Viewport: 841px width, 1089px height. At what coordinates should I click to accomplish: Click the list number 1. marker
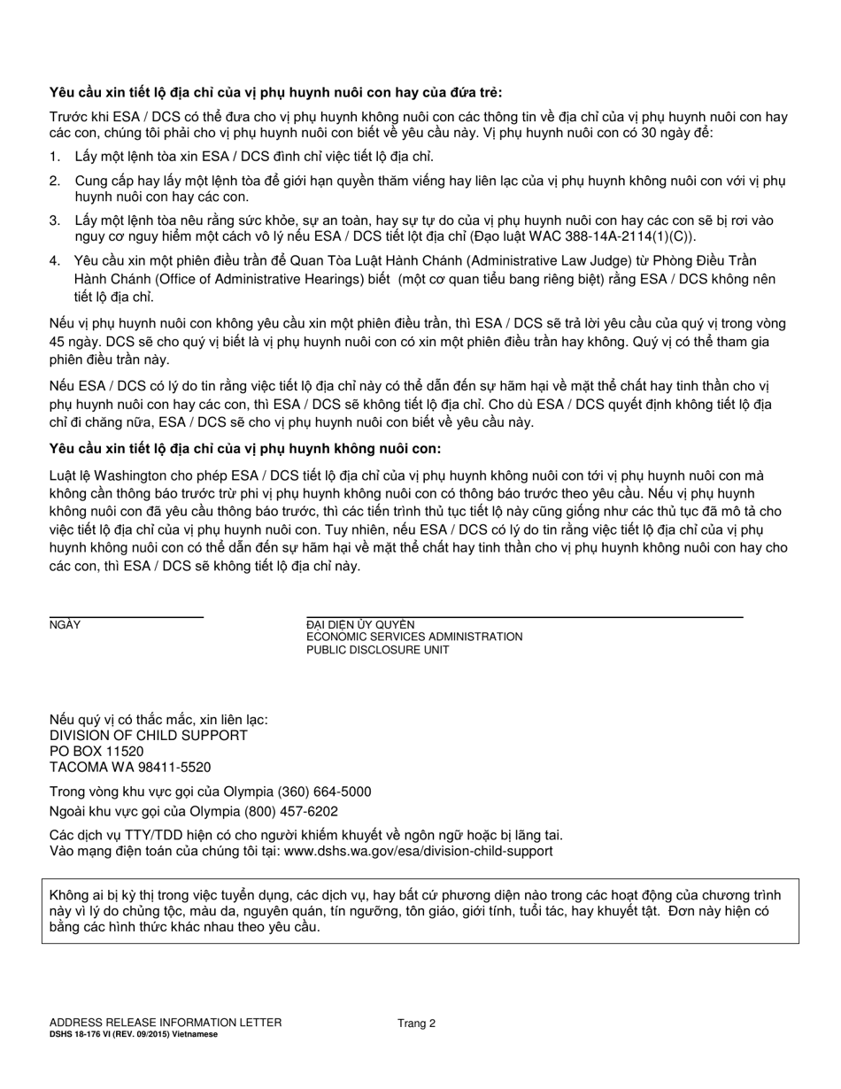point(55,157)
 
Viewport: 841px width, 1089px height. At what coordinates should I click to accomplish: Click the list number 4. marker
point(55,261)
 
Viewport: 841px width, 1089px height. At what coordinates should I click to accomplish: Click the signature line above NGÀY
point(126,616)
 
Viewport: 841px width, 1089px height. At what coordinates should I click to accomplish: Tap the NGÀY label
point(65,625)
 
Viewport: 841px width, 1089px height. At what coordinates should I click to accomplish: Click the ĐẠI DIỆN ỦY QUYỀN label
point(360,625)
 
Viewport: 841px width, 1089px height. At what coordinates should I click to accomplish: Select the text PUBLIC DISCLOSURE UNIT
point(378,650)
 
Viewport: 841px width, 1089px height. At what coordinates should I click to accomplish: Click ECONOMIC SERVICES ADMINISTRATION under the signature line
point(414,637)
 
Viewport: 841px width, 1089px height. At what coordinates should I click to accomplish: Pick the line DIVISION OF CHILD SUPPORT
point(149,736)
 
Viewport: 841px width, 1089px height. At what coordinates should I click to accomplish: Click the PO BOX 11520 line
point(96,752)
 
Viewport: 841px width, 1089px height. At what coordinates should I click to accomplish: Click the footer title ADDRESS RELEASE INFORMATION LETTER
point(166,1023)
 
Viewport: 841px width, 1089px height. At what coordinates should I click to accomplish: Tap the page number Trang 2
point(416,1023)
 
